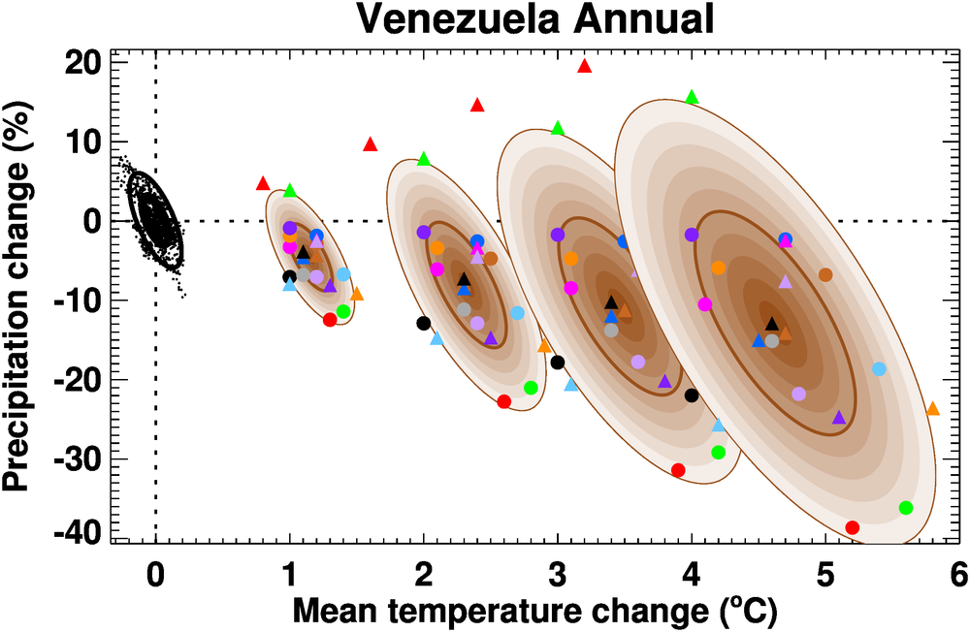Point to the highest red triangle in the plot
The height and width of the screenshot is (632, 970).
(x=584, y=66)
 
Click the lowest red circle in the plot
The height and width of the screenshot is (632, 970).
(x=853, y=527)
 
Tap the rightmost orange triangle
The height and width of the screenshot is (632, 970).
(x=932, y=409)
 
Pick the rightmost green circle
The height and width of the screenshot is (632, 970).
(x=906, y=508)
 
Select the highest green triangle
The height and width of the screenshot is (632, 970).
(x=692, y=97)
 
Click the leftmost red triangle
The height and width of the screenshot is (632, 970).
(x=262, y=183)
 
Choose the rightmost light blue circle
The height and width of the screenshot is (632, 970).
(x=879, y=369)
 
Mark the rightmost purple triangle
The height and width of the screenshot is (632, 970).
(x=839, y=418)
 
